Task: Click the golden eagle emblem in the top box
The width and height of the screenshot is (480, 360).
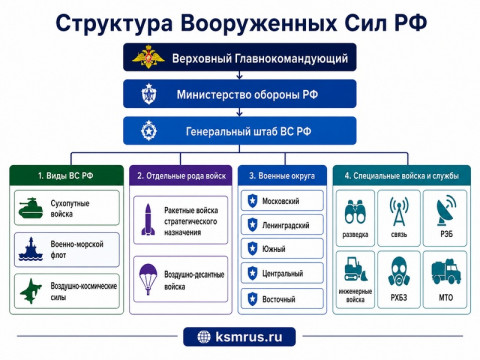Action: click(x=148, y=57)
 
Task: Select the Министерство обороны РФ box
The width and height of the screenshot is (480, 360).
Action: click(x=240, y=94)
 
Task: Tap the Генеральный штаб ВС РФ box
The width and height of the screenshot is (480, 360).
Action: click(x=240, y=130)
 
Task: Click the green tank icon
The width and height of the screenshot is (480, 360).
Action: click(x=31, y=208)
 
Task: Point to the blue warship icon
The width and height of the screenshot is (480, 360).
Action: click(x=31, y=249)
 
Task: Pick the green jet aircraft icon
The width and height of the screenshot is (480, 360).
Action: click(x=31, y=291)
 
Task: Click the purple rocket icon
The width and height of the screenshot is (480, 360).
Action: click(x=148, y=220)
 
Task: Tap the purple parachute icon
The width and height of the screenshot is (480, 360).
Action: click(x=148, y=279)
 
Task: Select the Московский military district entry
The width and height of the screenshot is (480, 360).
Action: click(x=282, y=201)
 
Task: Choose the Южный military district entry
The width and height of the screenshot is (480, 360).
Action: click(x=282, y=248)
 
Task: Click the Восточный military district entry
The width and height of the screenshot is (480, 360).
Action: click(x=282, y=299)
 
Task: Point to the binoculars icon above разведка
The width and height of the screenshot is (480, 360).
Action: click(x=355, y=212)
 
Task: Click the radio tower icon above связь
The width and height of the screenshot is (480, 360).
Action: click(x=399, y=211)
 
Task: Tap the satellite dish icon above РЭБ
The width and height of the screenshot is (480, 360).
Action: click(x=446, y=211)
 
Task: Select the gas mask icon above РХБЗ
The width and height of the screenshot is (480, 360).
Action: click(x=399, y=271)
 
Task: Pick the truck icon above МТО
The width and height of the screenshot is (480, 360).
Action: click(x=446, y=271)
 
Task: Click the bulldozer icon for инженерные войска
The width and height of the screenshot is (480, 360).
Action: click(x=355, y=269)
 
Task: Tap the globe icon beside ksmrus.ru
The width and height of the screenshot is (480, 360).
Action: click(x=204, y=337)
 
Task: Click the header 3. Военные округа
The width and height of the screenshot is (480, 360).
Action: click(x=282, y=176)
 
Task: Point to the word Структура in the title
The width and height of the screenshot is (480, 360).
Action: click(x=114, y=23)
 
